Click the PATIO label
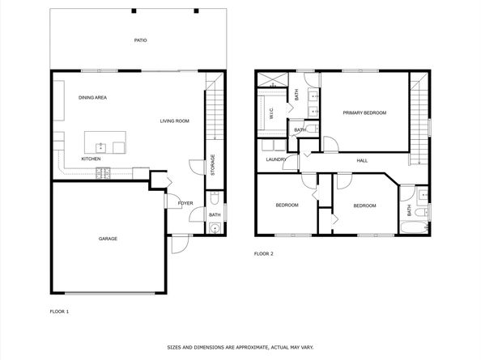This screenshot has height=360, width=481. (x=141, y=40)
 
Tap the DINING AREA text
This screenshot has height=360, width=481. (x=92, y=98)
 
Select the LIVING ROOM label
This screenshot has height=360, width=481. (x=175, y=121)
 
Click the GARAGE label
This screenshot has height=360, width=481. (x=108, y=239)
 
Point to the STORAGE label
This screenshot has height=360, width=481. (x=213, y=165)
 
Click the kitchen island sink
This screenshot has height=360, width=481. (x=100, y=148)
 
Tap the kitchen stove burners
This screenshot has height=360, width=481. (x=103, y=173)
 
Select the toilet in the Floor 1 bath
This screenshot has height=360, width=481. (x=215, y=198)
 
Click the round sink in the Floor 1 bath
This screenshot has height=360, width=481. (x=215, y=229)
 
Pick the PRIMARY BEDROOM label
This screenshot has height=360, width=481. (x=364, y=112)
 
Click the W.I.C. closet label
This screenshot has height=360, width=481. (x=271, y=113)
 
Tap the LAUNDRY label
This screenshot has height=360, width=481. (x=276, y=159)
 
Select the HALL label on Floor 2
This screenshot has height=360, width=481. (x=362, y=160)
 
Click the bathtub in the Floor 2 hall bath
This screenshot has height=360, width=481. (x=414, y=228)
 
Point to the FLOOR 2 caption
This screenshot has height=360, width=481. (x=263, y=254)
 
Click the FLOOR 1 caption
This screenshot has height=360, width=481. (x=59, y=311)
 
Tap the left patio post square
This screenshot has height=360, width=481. (x=134, y=11)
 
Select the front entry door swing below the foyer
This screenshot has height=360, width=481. (x=180, y=244)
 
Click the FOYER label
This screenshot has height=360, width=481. (x=185, y=203)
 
